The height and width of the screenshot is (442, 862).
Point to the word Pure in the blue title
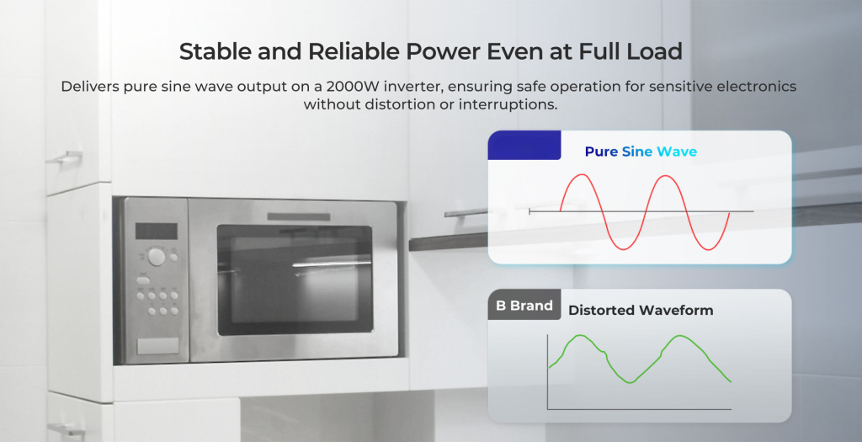(601, 152)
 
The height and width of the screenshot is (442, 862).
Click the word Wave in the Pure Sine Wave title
(677, 152)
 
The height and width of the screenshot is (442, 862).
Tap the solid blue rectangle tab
(524, 145)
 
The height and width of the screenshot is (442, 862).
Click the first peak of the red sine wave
(583, 175)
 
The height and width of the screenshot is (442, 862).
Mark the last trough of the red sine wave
(708, 249)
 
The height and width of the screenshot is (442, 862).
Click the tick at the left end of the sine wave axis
(529, 211)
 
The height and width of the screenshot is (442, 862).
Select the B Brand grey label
(524, 305)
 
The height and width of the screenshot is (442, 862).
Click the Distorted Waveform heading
(641, 310)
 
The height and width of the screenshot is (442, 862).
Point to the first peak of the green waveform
(579, 335)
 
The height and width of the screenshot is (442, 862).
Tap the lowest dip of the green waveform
(630, 381)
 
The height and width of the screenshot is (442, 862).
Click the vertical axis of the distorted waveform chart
(547, 371)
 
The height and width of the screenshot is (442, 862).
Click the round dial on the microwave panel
(156, 257)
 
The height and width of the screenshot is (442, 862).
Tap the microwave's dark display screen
(156, 232)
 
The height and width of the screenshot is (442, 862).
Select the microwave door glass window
(294, 280)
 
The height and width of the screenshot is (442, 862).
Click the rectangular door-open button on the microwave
(157, 346)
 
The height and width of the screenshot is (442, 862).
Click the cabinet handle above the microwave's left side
(65, 158)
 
